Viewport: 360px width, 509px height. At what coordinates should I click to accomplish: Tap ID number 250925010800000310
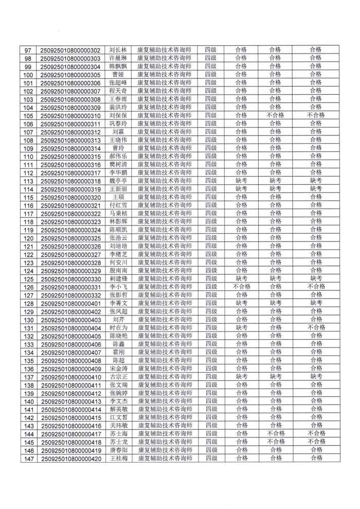pos(70,116)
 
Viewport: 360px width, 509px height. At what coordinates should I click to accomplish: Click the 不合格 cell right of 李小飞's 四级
pos(241,287)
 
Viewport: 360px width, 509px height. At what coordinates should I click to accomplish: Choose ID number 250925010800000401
pos(70,303)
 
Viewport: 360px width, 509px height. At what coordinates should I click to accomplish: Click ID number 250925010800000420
pos(70,458)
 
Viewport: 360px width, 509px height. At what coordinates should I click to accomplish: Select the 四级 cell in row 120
pos(210,238)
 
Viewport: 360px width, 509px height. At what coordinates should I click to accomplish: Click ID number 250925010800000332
pos(70,295)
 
